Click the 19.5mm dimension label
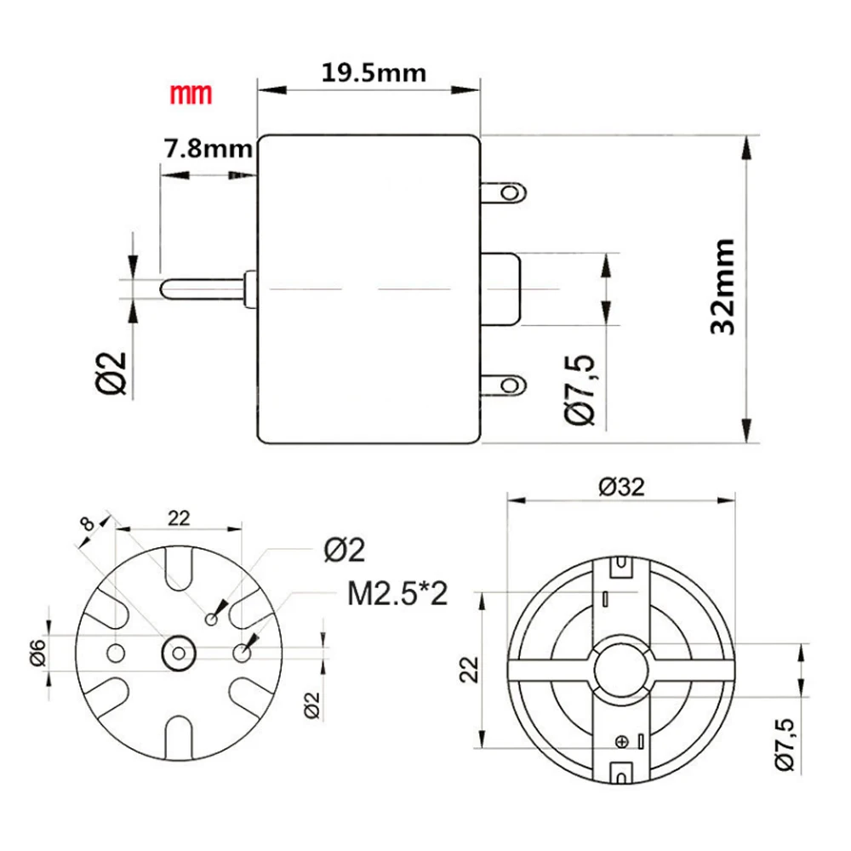point(374,71)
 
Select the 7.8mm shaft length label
point(206,150)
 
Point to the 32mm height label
point(722,287)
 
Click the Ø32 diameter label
point(620,486)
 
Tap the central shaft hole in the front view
point(179,653)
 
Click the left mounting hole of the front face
point(116,653)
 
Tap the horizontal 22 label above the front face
point(179,517)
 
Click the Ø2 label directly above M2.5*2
point(344,551)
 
